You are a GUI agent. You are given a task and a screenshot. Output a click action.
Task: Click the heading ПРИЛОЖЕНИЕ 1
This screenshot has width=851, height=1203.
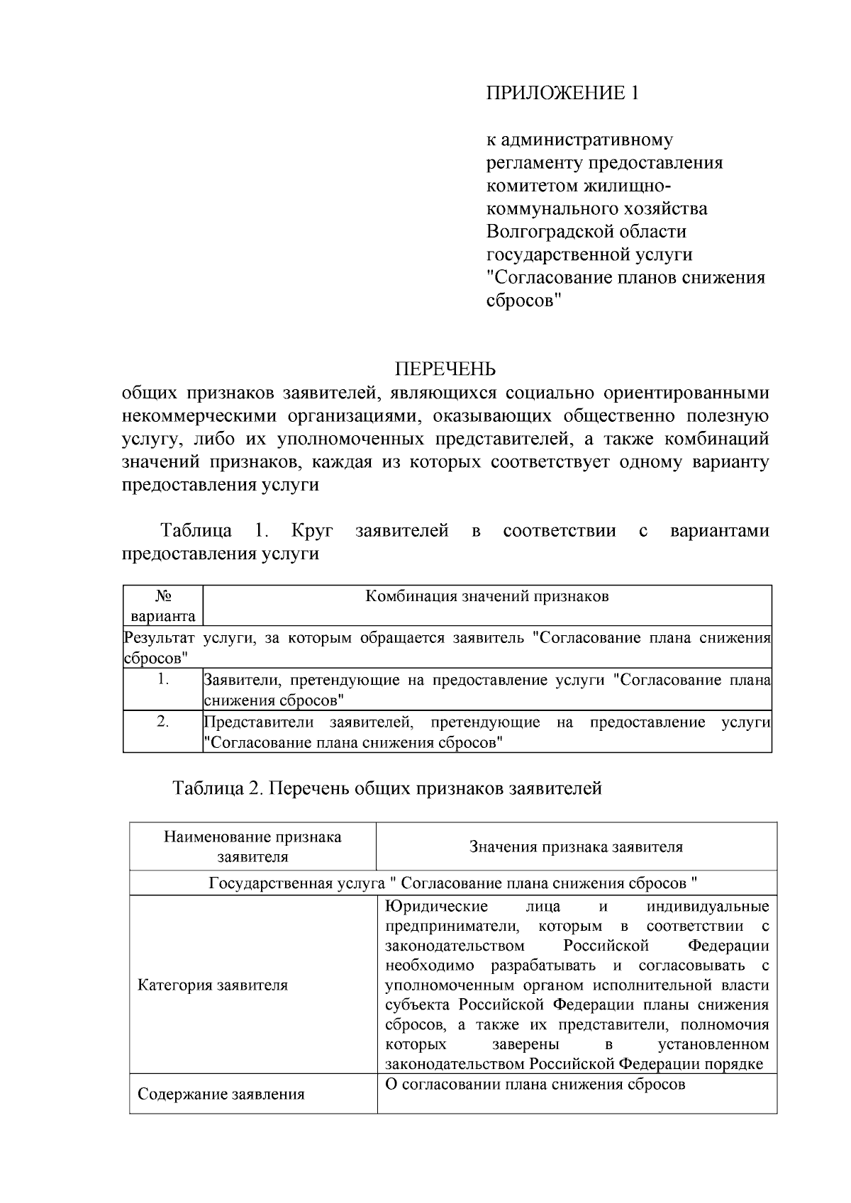[562, 93]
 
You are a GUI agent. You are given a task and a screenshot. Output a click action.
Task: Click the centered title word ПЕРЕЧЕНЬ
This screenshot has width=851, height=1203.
[445, 369]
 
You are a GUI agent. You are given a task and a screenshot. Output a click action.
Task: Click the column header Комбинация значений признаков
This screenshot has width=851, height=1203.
[487, 596]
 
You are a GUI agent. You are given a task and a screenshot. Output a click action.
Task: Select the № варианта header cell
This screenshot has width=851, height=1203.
[163, 606]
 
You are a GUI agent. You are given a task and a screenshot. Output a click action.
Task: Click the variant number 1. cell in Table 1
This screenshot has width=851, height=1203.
[163, 680]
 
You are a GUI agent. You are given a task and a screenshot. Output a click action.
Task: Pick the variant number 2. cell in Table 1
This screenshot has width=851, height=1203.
[163, 722]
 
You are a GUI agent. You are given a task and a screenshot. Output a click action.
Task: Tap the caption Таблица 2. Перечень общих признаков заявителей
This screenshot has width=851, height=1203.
[387, 788]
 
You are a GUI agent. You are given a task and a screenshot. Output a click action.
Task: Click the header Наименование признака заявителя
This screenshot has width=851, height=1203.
[252, 846]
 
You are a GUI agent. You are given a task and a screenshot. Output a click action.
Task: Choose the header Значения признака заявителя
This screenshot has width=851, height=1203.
[576, 846]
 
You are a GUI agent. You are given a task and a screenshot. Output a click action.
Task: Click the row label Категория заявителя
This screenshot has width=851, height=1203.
[213, 985]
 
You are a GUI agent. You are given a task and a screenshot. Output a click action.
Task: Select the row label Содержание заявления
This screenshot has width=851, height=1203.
[221, 1094]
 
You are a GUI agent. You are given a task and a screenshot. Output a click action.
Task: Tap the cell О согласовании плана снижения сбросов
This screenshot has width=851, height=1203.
[535, 1084]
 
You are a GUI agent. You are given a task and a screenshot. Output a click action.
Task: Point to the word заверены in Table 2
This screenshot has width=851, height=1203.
[525, 1044]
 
